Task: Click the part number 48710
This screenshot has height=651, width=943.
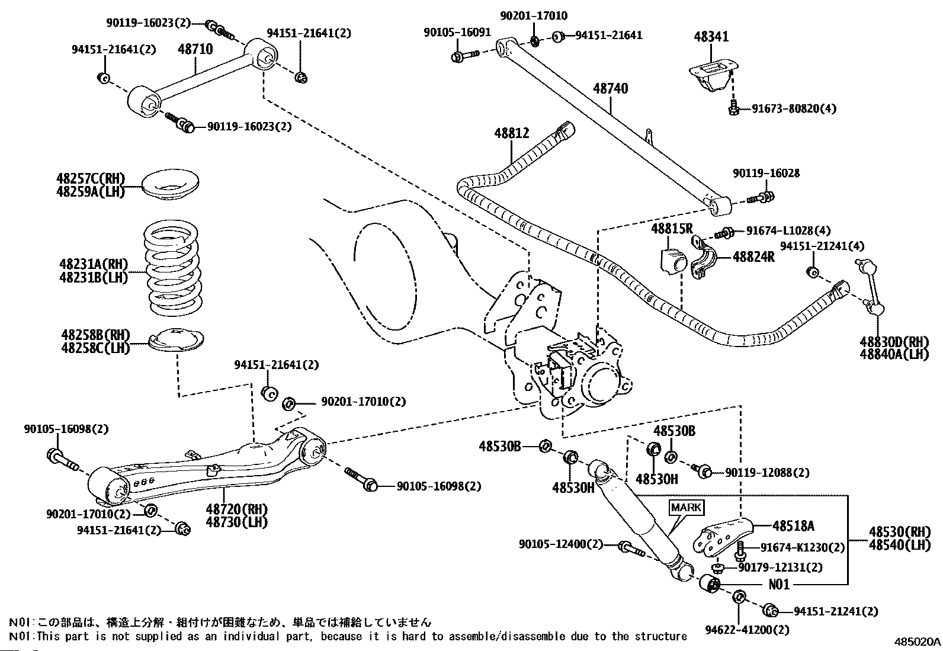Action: pyautogui.click(x=195, y=49)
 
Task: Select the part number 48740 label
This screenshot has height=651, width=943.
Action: pyautogui.click(x=610, y=89)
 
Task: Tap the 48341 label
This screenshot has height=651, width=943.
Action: pyautogui.click(x=711, y=37)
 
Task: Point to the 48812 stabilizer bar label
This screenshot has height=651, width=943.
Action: pyautogui.click(x=512, y=134)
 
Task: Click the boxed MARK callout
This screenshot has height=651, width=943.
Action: pyautogui.click(x=686, y=508)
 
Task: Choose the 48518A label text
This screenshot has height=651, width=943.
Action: pyautogui.click(x=793, y=525)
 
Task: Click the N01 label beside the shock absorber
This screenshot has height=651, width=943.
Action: pyautogui.click(x=779, y=585)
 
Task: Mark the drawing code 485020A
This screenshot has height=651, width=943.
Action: pyautogui.click(x=917, y=642)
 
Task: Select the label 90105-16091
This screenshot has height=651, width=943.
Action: pyautogui.click(x=457, y=33)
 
